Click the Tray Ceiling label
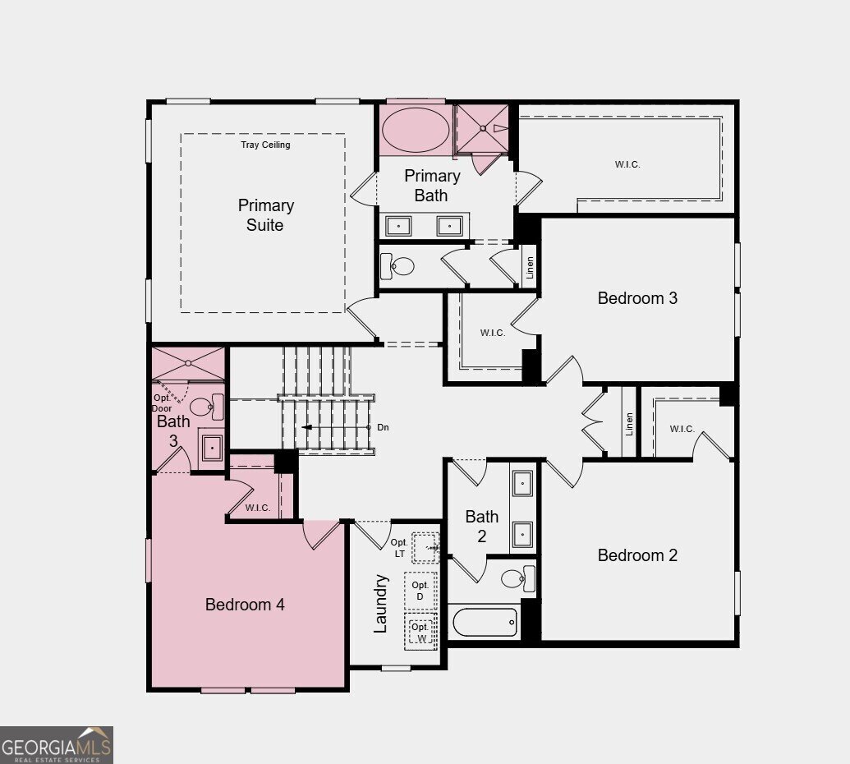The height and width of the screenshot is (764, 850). point(265,145)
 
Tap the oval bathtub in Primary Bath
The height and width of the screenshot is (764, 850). point(416,130)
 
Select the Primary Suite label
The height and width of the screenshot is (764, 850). point(265,215)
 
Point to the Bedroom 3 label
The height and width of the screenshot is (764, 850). point(637,298)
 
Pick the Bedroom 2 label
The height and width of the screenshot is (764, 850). point(637,555)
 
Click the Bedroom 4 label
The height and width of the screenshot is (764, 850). point(245,605)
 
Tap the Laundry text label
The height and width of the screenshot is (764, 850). point(380,604)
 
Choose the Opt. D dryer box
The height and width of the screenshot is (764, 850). point(420,590)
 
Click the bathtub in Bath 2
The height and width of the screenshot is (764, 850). point(485,622)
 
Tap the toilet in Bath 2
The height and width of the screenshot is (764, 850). point(518,578)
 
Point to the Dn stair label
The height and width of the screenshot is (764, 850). point(384,427)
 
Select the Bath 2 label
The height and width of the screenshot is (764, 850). point(481,527)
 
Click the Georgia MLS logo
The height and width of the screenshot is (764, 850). point(56,744)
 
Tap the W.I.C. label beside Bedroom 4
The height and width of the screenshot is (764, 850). point(258,508)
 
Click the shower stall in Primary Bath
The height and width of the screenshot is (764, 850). point(482,129)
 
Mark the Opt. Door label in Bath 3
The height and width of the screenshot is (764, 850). point(162,403)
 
